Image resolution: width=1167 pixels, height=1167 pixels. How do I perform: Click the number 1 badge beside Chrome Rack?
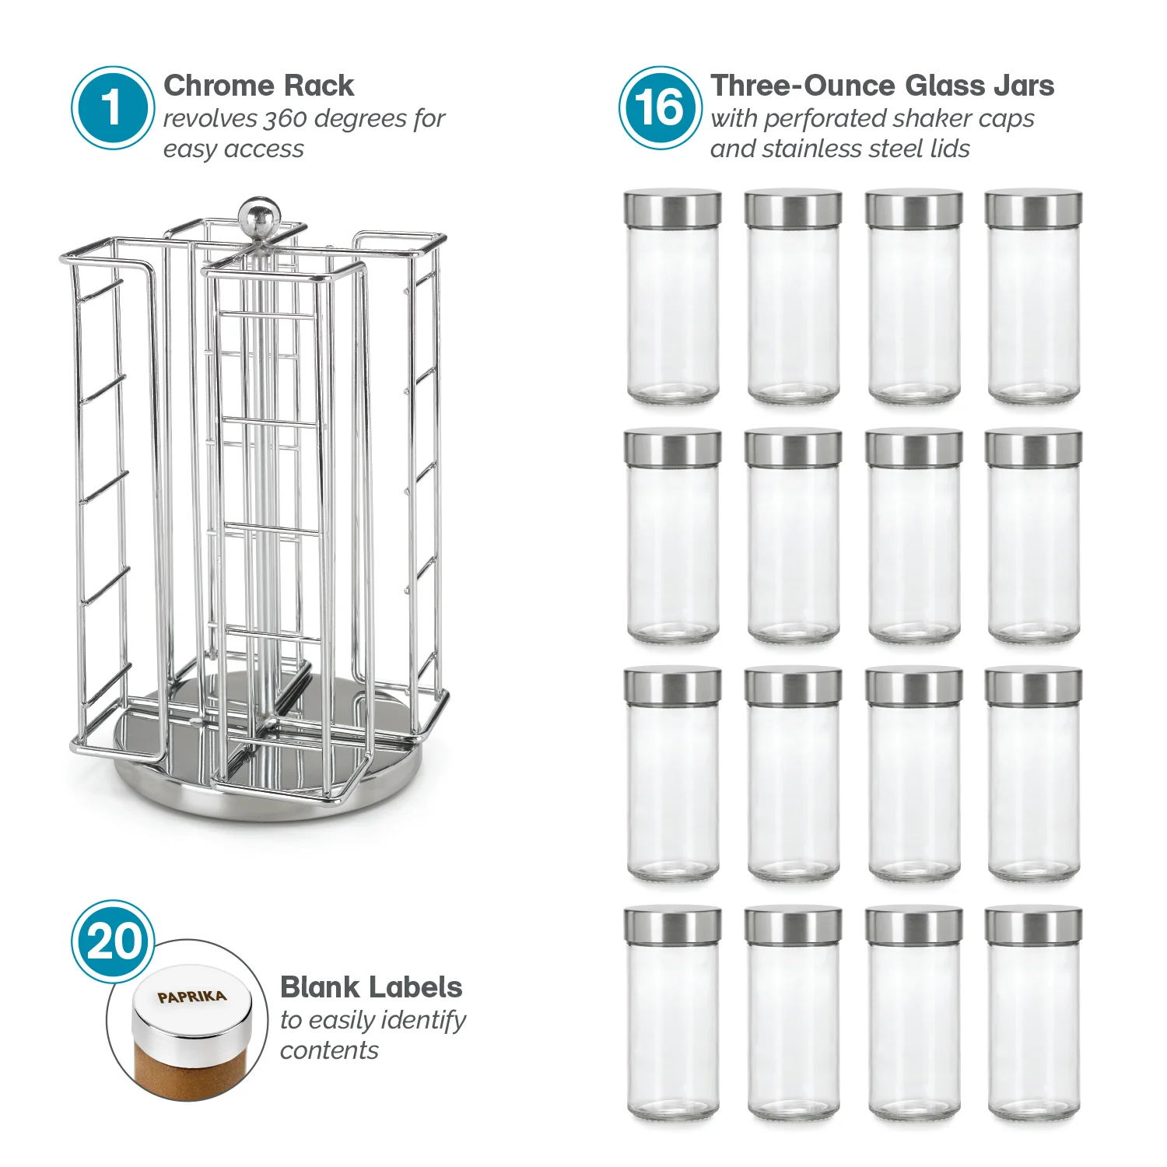click(112, 107)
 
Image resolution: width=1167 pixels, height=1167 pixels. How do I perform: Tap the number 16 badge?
click(660, 107)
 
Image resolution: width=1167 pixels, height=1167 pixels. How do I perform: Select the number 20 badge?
click(114, 941)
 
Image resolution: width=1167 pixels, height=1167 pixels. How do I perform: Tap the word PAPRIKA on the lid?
click(191, 997)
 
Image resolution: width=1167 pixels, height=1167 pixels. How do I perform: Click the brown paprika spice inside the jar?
click(187, 1070)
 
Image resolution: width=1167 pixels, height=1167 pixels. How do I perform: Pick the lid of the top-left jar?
click(672, 209)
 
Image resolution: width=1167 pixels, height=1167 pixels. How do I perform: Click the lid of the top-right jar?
click(1033, 209)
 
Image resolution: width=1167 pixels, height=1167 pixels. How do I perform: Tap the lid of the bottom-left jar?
click(672, 924)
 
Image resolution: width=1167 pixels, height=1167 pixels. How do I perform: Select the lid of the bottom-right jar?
click(1033, 924)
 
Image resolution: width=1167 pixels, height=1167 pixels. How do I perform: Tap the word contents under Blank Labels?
click(329, 1050)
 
